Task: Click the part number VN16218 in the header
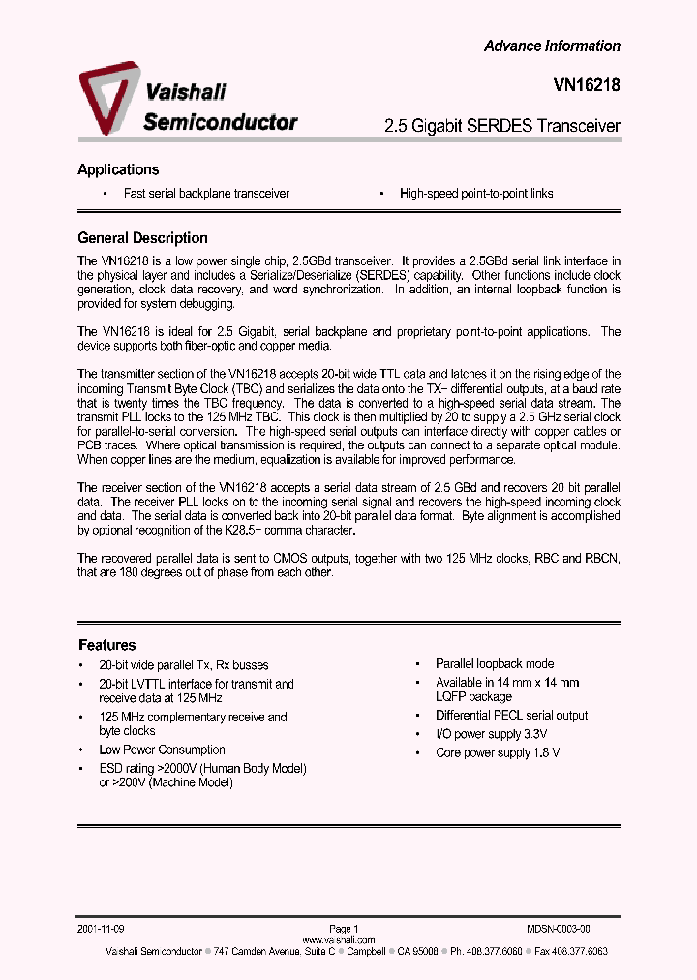click(x=580, y=85)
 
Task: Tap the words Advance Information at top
click(x=552, y=46)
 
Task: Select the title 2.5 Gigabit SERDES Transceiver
click(x=501, y=126)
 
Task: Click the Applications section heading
click(x=118, y=169)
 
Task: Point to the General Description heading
click(x=142, y=238)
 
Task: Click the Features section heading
click(x=106, y=645)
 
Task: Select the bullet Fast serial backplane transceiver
click(x=206, y=194)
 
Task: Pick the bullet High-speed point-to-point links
click(x=476, y=194)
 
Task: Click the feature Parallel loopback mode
click(x=495, y=664)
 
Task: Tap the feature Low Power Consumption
click(x=162, y=750)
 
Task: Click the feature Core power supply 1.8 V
click(x=498, y=752)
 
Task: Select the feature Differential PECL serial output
click(x=511, y=716)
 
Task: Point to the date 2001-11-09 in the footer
click(x=102, y=928)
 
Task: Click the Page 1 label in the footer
click(x=344, y=928)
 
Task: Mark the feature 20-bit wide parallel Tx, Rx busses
click(x=184, y=665)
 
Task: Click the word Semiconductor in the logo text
click(x=221, y=121)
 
